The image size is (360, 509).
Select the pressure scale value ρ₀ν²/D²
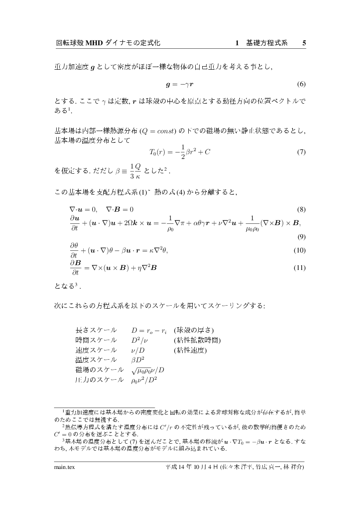(144, 380)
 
